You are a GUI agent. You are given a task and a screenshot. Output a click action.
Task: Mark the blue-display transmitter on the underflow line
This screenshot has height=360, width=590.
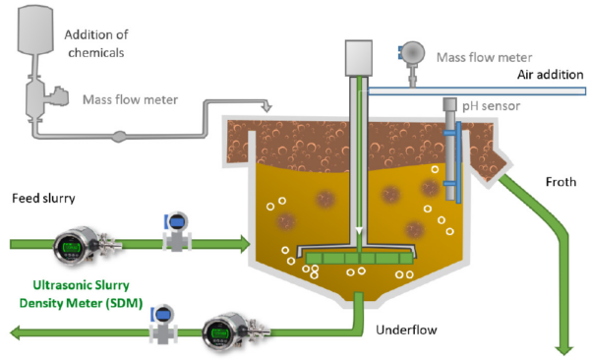pyautogui.click(x=160, y=324)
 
